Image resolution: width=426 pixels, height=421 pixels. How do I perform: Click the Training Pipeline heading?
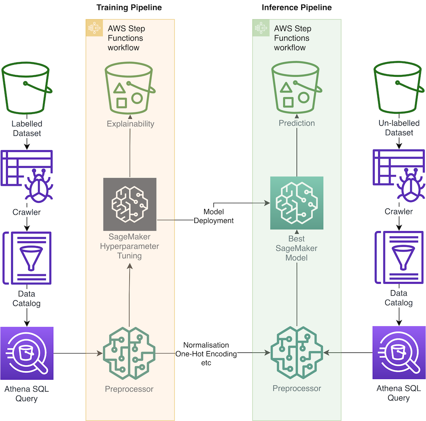pyautogui.click(x=129, y=7)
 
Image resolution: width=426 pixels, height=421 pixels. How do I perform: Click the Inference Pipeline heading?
pyautogui.click(x=297, y=7)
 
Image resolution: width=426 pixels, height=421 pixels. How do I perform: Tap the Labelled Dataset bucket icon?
pyautogui.click(x=27, y=89)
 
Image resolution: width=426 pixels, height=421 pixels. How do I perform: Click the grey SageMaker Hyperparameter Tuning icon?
pyautogui.click(x=130, y=204)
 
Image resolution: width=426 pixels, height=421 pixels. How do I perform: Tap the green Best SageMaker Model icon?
pyautogui.click(x=297, y=203)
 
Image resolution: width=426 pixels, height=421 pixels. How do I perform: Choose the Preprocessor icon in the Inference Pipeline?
pyautogui.click(x=297, y=353)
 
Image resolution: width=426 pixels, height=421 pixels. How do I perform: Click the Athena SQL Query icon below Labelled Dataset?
pyautogui.click(x=27, y=353)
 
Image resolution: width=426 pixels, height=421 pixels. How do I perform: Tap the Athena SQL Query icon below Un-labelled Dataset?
pyautogui.click(x=399, y=352)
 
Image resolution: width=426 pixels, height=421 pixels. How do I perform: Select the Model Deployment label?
pyautogui.click(x=213, y=216)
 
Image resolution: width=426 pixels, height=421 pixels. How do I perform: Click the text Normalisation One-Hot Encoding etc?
pyautogui.click(x=207, y=354)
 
